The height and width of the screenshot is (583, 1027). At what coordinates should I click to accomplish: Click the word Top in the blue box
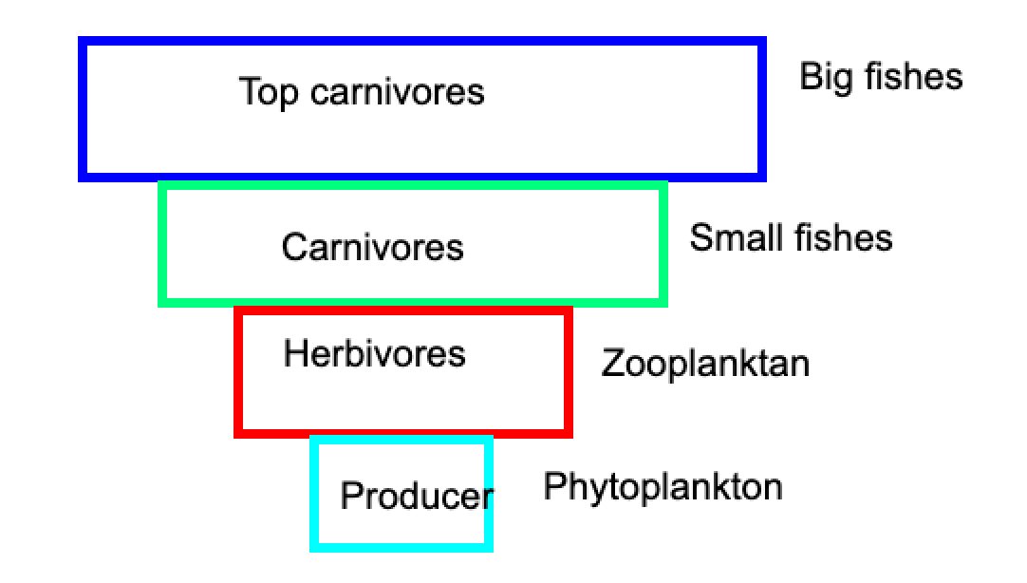click(x=270, y=92)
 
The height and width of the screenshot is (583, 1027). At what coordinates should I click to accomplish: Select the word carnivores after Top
click(x=397, y=92)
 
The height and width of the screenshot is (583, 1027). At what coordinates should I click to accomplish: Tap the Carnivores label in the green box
click(x=373, y=247)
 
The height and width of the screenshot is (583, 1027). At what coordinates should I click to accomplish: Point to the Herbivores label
click(x=374, y=354)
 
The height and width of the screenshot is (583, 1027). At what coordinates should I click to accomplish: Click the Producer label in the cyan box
click(x=417, y=496)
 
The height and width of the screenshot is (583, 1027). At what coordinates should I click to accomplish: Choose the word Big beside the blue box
click(x=827, y=78)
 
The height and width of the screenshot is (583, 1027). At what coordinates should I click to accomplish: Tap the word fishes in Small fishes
click(x=842, y=237)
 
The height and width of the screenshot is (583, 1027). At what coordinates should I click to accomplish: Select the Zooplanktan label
click(x=705, y=365)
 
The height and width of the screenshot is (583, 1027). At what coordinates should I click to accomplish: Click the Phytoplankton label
click(x=663, y=488)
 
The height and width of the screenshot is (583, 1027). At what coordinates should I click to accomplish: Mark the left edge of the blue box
click(x=83, y=109)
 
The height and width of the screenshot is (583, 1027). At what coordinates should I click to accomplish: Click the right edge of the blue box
click(x=762, y=109)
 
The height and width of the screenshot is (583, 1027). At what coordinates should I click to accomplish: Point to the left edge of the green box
click(x=162, y=244)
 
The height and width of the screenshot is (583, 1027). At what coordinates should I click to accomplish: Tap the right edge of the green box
click(x=663, y=244)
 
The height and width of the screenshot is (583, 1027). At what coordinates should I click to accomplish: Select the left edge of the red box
click(x=238, y=372)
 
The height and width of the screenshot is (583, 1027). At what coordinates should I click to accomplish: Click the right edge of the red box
click(x=569, y=372)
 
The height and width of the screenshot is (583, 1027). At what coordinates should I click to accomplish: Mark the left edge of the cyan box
click(x=314, y=494)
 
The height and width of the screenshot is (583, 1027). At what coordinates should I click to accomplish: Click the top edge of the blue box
click(x=422, y=41)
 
